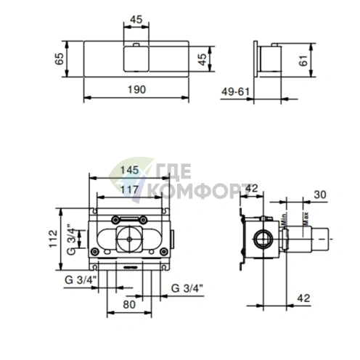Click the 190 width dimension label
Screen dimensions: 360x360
pyautogui.click(x=136, y=90)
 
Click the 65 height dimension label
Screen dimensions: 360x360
pyautogui.click(x=60, y=59)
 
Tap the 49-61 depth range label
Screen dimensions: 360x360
pyautogui.click(x=235, y=91)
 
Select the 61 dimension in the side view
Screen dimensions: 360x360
pyautogui.click(x=303, y=60)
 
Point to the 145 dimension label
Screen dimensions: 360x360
pyautogui.click(x=130, y=170)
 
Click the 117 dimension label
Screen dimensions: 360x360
pyautogui.click(x=130, y=189)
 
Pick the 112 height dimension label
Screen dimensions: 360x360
pyautogui.click(x=53, y=239)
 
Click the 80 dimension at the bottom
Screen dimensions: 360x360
pyautogui.click(x=129, y=304)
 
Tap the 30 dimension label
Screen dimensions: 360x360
pyautogui.click(x=320, y=195)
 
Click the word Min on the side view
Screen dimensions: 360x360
pyautogui.click(x=284, y=220)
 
